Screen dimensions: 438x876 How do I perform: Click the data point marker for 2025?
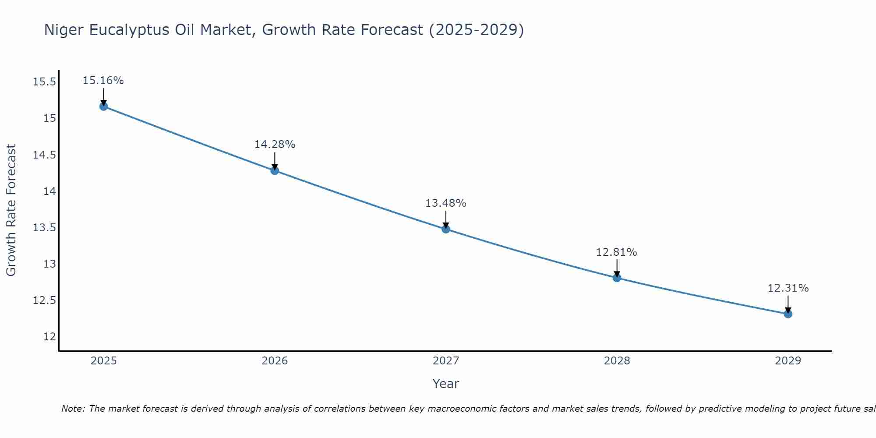[x=103, y=106]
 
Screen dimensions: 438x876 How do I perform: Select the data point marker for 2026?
[x=275, y=170]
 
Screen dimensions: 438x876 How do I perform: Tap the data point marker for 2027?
[x=446, y=229]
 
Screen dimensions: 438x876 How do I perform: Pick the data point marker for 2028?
[x=617, y=278]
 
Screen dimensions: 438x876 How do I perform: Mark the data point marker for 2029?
[x=788, y=314]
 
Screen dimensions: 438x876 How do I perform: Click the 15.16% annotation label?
[x=103, y=81]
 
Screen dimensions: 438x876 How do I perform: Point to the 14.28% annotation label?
[x=275, y=145]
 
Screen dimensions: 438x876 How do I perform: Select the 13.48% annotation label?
[x=446, y=203]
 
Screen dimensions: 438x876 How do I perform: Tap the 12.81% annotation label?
[x=617, y=252]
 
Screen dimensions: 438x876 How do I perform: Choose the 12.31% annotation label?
[x=788, y=288]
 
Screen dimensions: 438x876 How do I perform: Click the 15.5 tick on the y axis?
[x=44, y=82]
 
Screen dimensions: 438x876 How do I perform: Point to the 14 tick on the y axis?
[x=49, y=191]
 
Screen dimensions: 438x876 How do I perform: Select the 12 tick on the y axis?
[x=49, y=337]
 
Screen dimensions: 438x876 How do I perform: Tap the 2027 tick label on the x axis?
[x=446, y=361]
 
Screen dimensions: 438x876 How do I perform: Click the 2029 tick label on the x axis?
[x=788, y=361]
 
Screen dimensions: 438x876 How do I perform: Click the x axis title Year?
[x=446, y=384]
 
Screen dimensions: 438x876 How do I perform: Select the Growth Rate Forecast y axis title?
[x=11, y=210]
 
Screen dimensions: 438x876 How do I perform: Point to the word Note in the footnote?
[x=73, y=409]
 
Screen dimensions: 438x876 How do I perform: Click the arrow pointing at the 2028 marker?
[x=617, y=268]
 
